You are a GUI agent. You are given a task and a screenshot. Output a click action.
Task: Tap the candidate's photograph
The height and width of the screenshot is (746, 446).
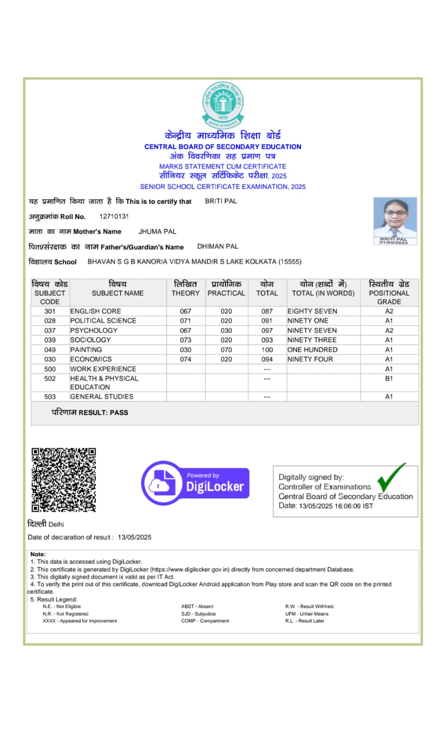coord(395,221)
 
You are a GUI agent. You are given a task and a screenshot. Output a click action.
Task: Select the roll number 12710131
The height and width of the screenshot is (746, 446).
coord(114,216)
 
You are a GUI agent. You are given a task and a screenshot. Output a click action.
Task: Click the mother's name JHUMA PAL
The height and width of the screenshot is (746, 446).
coord(157,231)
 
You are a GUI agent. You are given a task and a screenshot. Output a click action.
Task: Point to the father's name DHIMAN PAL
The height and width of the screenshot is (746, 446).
coord(218,246)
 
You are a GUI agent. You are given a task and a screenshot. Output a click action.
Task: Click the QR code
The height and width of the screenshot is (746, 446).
coord(64,480)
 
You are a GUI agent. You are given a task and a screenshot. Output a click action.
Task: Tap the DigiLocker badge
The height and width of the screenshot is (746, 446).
coord(195,483)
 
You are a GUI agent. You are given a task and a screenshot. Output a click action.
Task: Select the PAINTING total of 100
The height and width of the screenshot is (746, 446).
coord(267,350)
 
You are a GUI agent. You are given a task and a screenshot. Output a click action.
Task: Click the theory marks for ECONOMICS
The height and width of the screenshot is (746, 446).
coord(185,359)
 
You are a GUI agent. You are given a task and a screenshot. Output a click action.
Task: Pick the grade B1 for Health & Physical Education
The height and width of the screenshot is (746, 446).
coord(389,379)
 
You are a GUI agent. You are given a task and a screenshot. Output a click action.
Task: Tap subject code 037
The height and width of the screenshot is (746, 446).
coord(50,331)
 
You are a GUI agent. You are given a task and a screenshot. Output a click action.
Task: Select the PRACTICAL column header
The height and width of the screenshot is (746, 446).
coord(226,293)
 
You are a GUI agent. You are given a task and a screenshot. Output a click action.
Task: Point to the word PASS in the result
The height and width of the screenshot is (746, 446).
coord(119,413)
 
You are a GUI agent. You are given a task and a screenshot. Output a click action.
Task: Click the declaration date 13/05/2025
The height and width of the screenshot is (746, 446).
coord(135,537)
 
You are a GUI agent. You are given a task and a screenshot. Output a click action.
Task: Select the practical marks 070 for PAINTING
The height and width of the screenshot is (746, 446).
coord(226,350)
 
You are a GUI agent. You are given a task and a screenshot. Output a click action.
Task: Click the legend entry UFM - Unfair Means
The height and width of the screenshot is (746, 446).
coord(307,614)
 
